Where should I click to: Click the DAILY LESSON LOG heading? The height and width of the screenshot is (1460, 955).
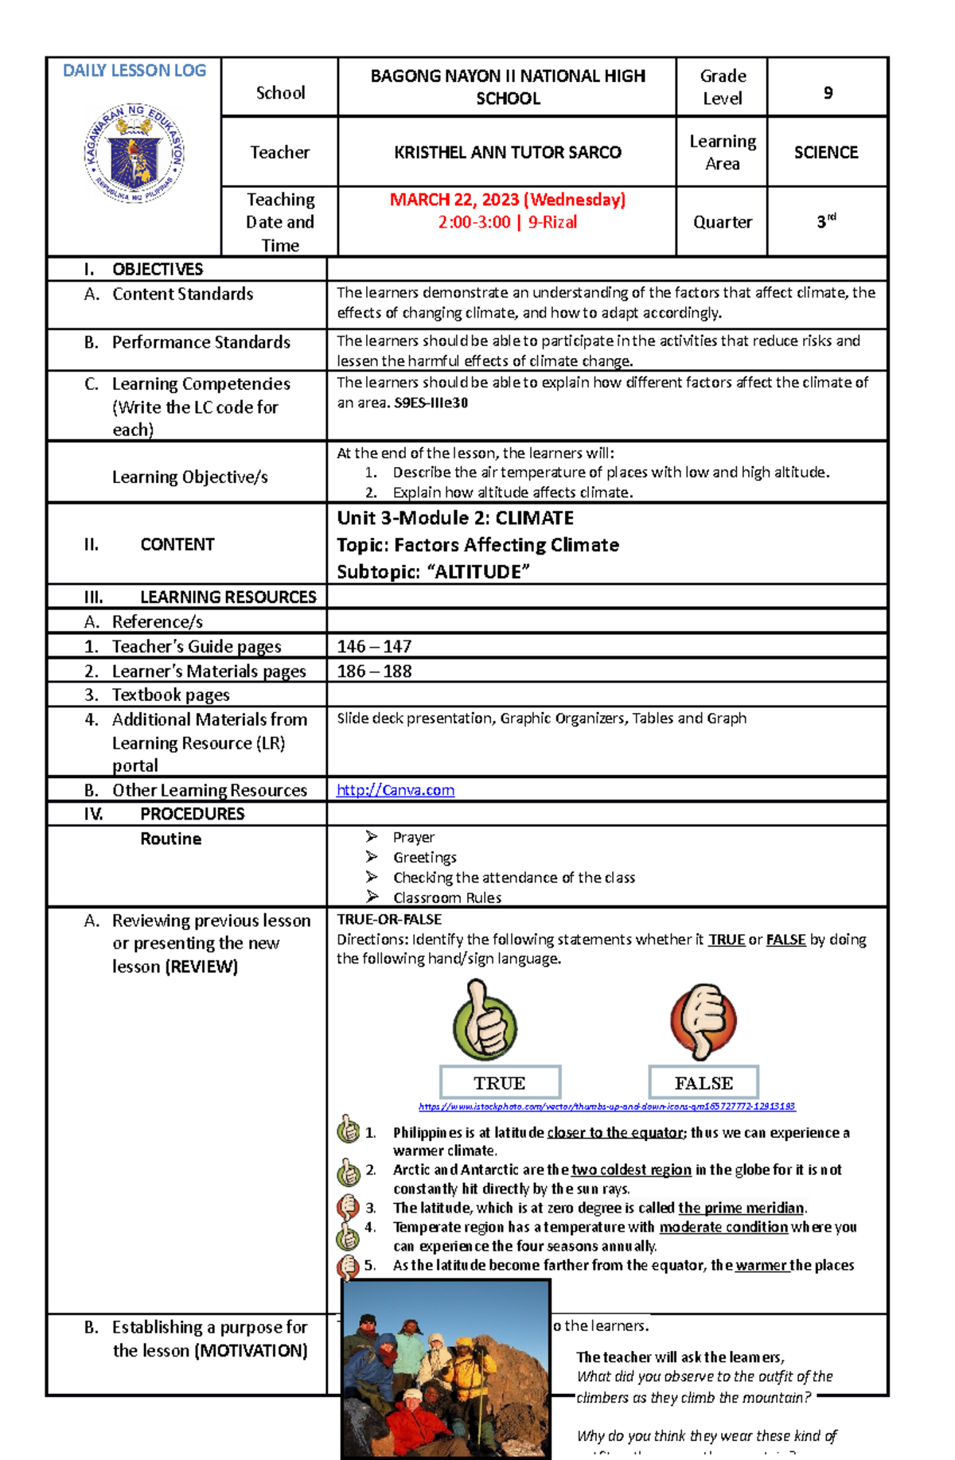click(x=134, y=71)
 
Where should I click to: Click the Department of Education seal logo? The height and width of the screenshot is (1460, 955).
click(x=134, y=153)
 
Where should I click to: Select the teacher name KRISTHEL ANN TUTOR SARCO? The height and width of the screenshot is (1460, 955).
click(x=507, y=152)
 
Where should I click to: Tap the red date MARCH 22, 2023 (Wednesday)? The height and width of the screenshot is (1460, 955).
click(x=507, y=200)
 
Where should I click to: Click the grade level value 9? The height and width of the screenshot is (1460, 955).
click(x=828, y=93)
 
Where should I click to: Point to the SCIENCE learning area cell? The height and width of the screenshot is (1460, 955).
click(x=826, y=152)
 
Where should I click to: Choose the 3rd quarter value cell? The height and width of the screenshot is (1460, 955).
click(x=826, y=222)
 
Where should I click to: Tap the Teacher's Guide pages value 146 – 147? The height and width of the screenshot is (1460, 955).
click(x=374, y=646)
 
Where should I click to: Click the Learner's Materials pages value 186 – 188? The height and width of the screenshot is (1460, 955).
click(x=374, y=671)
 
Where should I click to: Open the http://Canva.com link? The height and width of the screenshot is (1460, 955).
click(x=396, y=790)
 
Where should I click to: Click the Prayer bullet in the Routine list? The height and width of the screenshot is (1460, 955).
click(x=413, y=837)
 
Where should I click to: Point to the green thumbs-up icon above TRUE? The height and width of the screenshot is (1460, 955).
click(x=485, y=1022)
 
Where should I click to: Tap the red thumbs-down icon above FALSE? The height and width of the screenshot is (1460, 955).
click(x=703, y=1022)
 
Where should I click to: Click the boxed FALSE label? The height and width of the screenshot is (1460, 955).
click(x=704, y=1083)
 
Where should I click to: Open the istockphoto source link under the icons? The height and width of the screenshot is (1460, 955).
click(x=606, y=1107)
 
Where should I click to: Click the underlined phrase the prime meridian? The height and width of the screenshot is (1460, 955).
click(x=741, y=1208)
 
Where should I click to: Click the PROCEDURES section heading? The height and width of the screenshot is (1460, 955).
click(x=192, y=814)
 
